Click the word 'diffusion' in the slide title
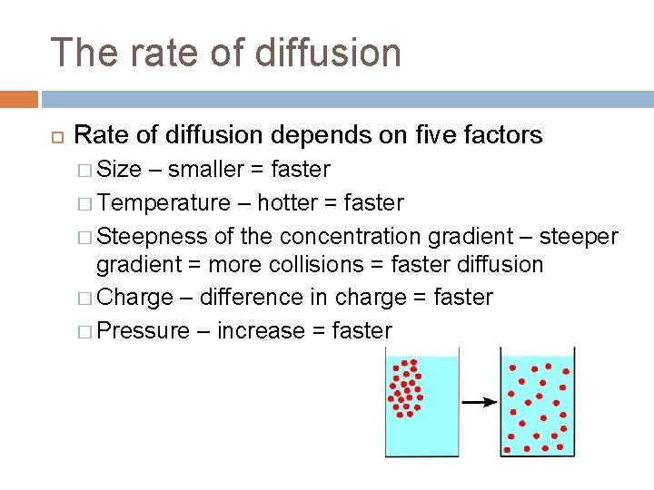click(x=328, y=52)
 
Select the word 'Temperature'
click(x=163, y=202)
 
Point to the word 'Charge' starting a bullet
click(x=134, y=298)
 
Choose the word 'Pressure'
click(x=143, y=330)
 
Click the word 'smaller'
click(x=206, y=170)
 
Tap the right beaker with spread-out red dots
click(x=538, y=404)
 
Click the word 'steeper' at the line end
click(x=579, y=236)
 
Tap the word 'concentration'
click(x=349, y=236)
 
